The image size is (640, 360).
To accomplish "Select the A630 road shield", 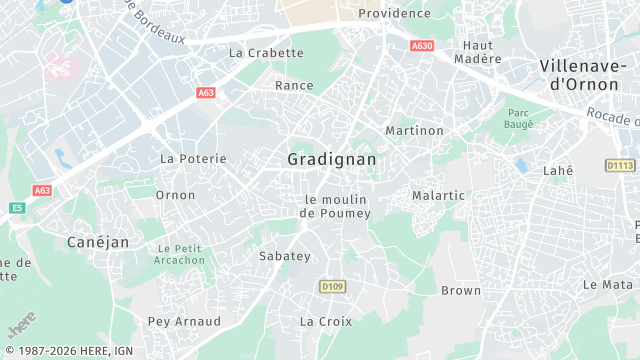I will tap(422, 45).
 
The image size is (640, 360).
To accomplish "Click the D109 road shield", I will tap(332, 287).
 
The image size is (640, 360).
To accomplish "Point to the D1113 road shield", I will tap(620, 165).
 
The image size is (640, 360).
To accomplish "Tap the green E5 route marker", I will tap(17, 208).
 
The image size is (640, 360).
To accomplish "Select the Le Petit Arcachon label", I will tap(180, 254).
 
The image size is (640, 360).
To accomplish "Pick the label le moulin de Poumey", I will tap(335, 206).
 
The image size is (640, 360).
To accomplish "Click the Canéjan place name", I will tap(98, 242).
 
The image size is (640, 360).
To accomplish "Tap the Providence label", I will tap(394, 13).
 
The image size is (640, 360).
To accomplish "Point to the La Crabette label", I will tap(266, 53).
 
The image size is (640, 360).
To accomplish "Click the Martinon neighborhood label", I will tap(414, 131).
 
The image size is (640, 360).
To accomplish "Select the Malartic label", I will tap(439, 196).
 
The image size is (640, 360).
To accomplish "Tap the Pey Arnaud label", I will tap(184, 321).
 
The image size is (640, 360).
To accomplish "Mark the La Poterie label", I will tap(194, 159).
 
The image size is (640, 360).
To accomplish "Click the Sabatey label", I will tap(285, 257).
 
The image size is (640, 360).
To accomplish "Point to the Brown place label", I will tap(461, 291).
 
